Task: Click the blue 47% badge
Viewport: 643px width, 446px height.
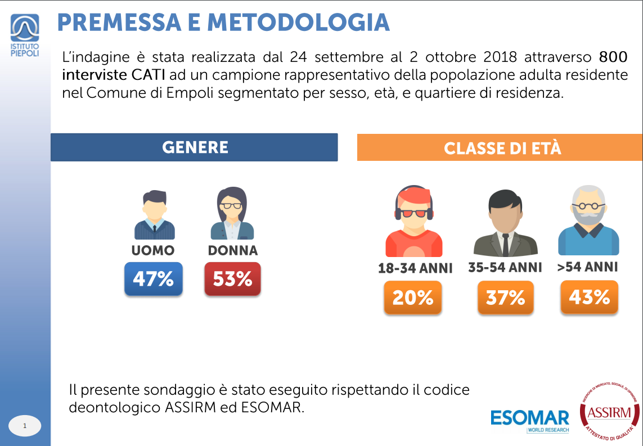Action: coord(153,279)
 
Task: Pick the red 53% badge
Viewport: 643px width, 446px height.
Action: coord(232,279)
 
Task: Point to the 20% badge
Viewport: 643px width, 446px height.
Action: coord(412,298)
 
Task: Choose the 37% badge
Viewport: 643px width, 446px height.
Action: coord(505,298)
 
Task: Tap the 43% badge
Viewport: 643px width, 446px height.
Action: coord(589,297)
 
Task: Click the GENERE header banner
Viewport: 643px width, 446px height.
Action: coord(194,147)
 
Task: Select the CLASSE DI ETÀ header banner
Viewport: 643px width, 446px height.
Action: coord(500,148)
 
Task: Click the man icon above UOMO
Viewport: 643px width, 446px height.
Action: coord(154,215)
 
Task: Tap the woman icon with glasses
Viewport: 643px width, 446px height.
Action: coord(232,214)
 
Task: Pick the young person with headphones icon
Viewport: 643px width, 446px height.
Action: coord(413,222)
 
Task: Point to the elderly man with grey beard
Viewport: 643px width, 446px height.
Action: coord(588,220)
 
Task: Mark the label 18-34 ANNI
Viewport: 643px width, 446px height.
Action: coord(415,269)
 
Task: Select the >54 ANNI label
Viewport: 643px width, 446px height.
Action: coord(587,267)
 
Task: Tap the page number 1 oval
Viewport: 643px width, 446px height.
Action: coord(25,426)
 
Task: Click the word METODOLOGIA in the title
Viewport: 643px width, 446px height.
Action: coord(298,22)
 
